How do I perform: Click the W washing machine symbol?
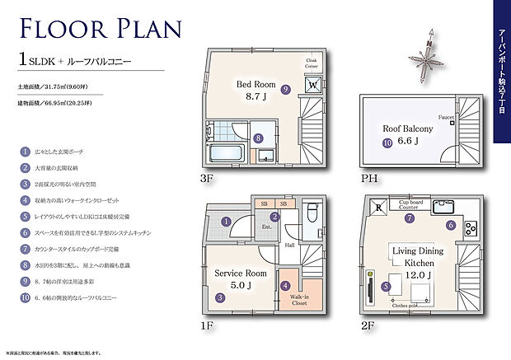click(x=313, y=84)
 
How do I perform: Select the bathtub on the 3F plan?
click(x=225, y=155)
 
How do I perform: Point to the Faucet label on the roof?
click(x=447, y=116)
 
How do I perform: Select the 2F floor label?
click(x=367, y=325)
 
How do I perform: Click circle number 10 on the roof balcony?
click(x=387, y=143)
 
